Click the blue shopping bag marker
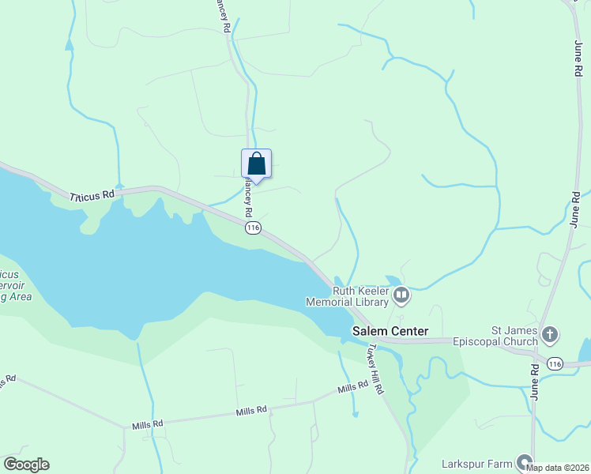pyautogui.click(x=256, y=164)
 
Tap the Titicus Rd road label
pyautogui.click(x=92, y=195)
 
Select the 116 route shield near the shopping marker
pyautogui.click(x=253, y=228)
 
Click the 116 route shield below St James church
pyautogui.click(x=555, y=363)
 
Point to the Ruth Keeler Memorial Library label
pyautogui.click(x=360, y=296)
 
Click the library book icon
pyautogui.click(x=401, y=296)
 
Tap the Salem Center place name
pyautogui.click(x=390, y=332)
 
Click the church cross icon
pyautogui.click(x=550, y=335)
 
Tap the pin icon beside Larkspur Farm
pyautogui.click(x=524, y=462)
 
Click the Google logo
pyautogui.click(x=26, y=465)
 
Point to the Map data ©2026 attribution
pyautogui.click(x=557, y=468)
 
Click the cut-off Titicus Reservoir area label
pyautogui.click(x=16, y=284)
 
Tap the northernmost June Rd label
pyautogui.click(x=574, y=60)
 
